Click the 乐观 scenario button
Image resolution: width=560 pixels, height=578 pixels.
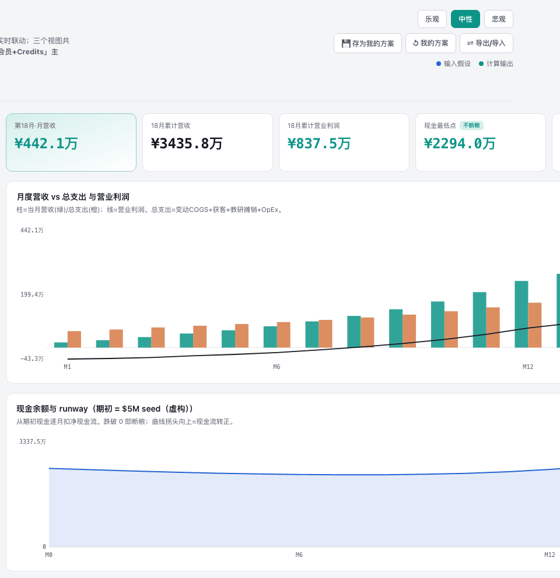click(x=432, y=19)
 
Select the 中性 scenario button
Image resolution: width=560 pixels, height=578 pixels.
click(x=466, y=19)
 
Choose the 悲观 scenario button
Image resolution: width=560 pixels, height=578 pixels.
click(x=499, y=19)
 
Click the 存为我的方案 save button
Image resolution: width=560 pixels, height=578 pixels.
click(x=367, y=43)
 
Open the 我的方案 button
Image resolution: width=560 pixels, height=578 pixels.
click(x=430, y=43)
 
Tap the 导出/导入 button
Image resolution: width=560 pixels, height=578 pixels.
click(x=487, y=43)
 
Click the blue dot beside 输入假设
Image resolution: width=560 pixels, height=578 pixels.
click(x=439, y=64)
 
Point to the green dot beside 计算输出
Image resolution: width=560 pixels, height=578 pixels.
click(x=481, y=64)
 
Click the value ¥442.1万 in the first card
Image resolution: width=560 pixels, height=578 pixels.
click(x=46, y=144)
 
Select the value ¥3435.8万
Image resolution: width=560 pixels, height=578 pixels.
click(x=187, y=144)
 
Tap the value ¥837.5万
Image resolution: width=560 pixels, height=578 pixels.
click(x=319, y=144)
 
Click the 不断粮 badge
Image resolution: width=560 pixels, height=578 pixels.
click(x=471, y=126)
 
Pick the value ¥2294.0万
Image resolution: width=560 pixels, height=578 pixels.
click(x=460, y=144)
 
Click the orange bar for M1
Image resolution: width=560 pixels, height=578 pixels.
click(x=74, y=339)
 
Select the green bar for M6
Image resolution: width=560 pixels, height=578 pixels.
click(x=270, y=337)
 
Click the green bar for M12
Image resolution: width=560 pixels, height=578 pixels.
click(x=521, y=314)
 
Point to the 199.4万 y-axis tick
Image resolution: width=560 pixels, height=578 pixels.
click(x=32, y=294)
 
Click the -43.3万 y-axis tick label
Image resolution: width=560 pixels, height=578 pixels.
click(x=32, y=358)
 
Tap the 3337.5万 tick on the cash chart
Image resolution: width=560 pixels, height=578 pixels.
click(x=33, y=441)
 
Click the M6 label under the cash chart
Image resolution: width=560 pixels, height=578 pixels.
click(x=299, y=555)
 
